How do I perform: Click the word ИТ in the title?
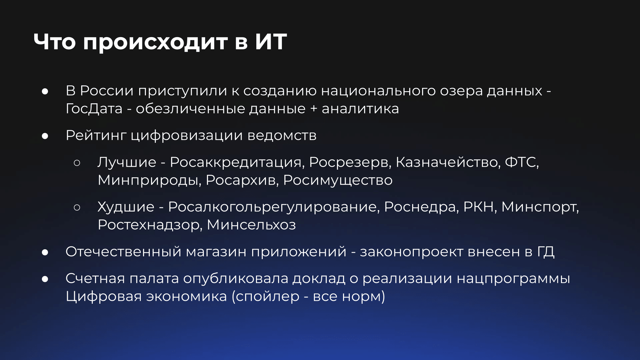point(271,42)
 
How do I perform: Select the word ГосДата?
point(94,109)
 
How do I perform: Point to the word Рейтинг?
point(96,136)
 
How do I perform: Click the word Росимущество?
point(338,180)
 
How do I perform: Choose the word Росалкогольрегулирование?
point(274,207)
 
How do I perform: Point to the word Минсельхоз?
point(252,225)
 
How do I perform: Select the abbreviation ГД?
point(546,252)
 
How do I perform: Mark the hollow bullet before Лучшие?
point(77,163)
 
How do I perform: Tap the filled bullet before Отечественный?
point(45,252)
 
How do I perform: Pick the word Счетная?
point(95,278)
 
